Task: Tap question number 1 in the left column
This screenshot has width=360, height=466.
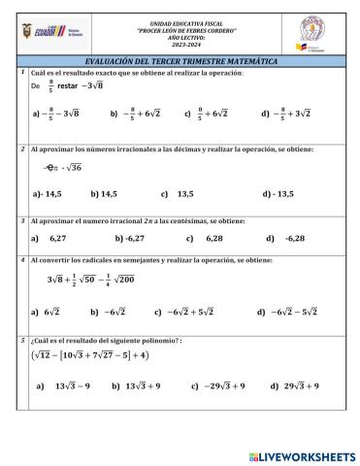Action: (x=21, y=74)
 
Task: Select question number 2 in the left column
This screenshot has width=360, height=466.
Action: (x=21, y=150)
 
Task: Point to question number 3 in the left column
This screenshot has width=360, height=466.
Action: (x=21, y=221)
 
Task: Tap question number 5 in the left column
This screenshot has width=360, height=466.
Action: (x=21, y=341)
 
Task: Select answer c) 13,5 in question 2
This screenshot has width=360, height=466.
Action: (x=179, y=194)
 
